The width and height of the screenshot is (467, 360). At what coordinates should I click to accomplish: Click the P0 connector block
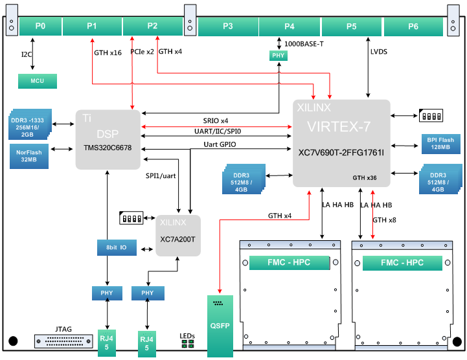pos(40,27)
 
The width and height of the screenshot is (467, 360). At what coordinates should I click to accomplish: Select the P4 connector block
pos(290,27)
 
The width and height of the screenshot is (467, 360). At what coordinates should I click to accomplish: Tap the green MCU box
pos(38,82)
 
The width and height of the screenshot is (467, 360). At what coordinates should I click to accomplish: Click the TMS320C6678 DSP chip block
pos(108,139)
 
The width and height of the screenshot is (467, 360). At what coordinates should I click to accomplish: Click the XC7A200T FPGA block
pos(177,235)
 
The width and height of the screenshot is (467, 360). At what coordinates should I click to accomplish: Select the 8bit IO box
pos(116,247)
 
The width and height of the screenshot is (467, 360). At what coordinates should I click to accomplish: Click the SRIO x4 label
pos(216,121)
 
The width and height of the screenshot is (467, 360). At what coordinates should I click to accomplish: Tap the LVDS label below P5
pos(379,52)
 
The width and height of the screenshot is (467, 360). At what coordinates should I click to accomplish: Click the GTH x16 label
pos(108,52)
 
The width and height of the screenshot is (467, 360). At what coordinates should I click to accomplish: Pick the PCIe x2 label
pos(142,51)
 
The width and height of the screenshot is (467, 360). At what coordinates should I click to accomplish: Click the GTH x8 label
pos(385,220)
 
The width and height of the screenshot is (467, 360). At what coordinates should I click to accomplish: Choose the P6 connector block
pos(413,27)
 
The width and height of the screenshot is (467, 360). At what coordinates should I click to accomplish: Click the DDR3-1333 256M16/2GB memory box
pos(31,124)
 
